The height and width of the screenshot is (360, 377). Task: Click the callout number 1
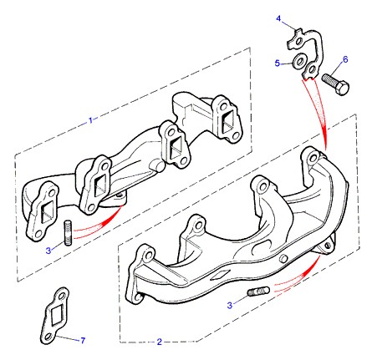(90, 120)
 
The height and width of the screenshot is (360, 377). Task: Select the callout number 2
(160, 342)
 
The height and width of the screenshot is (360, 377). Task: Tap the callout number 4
(278, 18)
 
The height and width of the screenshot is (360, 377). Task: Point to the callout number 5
(277, 63)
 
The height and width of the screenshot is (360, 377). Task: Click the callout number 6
(345, 59)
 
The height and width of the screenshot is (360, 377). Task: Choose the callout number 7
(83, 340)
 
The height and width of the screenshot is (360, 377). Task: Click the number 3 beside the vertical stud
(48, 251)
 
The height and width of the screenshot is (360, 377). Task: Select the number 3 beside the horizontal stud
(229, 305)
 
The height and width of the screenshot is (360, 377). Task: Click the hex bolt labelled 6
(335, 84)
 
